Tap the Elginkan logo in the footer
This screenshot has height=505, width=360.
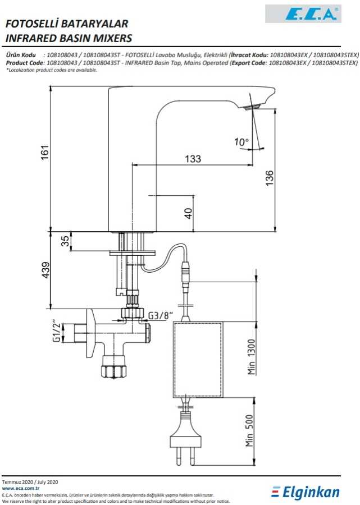click(306, 492)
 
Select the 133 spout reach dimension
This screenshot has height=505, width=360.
click(193, 159)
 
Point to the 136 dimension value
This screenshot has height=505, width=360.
click(270, 178)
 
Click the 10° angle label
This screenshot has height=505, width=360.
click(241, 143)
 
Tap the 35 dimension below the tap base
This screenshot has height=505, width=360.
click(65, 241)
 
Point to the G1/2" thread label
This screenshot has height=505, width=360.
click(56, 331)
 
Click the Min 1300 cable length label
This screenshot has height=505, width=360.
click(251, 356)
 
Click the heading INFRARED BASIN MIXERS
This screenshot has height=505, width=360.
click(68, 39)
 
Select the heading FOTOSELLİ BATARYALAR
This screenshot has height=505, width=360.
click(66, 24)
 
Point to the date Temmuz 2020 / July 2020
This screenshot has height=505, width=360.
click(30, 482)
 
